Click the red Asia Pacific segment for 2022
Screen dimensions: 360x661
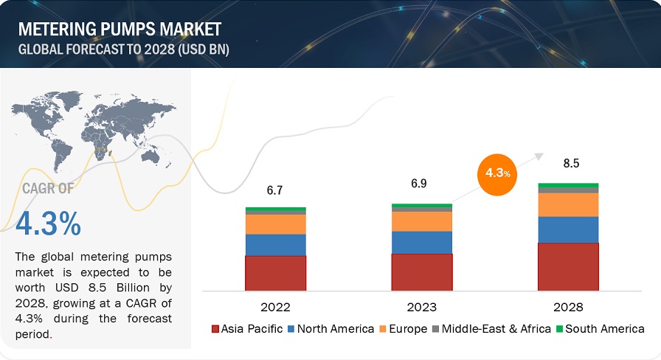coord(275,273)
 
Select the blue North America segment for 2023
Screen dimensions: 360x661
coord(421,242)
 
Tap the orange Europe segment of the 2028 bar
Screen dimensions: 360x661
coord(568,204)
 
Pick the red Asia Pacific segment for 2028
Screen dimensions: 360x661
coord(568,266)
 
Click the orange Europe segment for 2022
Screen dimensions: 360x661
coord(275,224)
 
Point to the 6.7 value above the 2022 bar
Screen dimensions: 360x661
coord(275,190)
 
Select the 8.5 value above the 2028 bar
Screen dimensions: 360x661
coord(568,163)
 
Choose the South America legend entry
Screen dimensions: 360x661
coord(603,329)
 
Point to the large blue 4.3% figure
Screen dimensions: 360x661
coord(48,224)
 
